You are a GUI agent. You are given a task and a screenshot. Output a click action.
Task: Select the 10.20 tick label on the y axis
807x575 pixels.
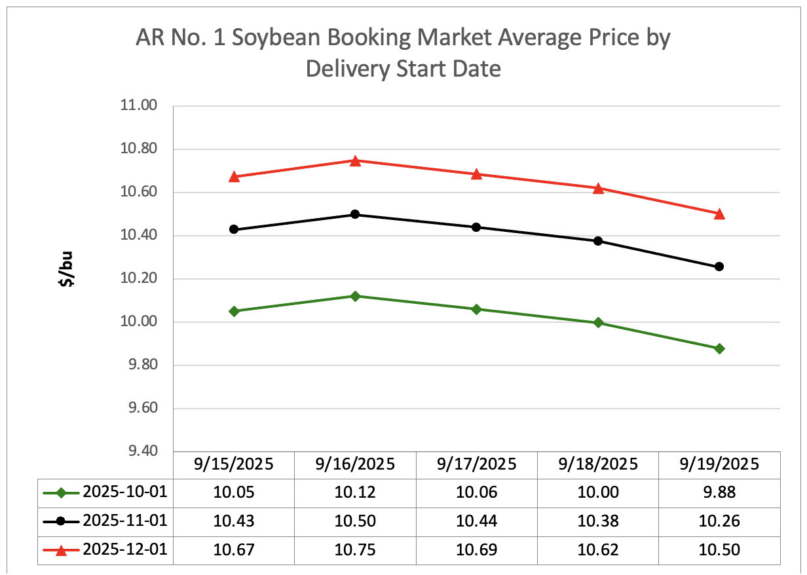(x=140, y=279)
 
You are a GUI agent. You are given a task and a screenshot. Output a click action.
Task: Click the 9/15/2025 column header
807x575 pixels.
(x=234, y=464)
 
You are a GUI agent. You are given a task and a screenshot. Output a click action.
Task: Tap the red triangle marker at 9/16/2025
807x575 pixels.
(x=355, y=160)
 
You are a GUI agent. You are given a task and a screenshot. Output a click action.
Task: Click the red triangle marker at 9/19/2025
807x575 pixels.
(x=719, y=213)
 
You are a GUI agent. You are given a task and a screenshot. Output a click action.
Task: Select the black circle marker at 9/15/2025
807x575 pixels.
(x=234, y=229)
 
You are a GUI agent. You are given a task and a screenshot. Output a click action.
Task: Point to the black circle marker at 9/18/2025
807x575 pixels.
(x=597, y=241)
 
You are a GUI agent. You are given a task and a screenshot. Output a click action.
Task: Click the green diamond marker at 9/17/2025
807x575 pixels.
(x=476, y=309)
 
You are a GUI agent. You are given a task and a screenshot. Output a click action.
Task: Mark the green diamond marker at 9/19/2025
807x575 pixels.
(x=719, y=348)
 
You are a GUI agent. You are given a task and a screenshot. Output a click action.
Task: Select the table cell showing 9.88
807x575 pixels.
(x=719, y=492)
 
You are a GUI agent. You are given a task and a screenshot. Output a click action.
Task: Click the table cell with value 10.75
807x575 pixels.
(x=355, y=550)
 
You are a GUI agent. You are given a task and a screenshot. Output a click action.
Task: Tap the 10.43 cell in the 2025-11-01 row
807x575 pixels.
(x=234, y=521)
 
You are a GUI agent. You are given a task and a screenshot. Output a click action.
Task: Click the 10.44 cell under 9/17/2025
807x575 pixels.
(x=476, y=521)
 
